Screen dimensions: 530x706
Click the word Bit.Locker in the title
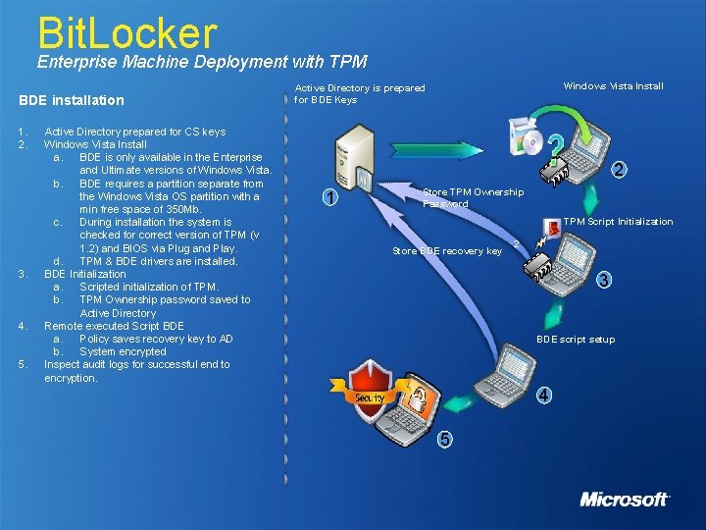[126, 31]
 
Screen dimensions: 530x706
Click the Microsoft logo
[624, 499]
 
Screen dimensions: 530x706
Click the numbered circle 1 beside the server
[330, 197]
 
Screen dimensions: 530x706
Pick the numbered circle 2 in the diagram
[619, 171]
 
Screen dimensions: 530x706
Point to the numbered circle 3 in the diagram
[604, 280]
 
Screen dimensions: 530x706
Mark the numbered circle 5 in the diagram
[445, 439]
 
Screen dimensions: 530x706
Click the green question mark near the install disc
[554, 146]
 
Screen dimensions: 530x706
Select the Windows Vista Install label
[613, 86]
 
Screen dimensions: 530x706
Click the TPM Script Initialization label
[618, 222]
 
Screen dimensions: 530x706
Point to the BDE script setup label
[576, 340]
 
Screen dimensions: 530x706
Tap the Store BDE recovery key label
[447, 251]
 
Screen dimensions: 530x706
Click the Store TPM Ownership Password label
[473, 197]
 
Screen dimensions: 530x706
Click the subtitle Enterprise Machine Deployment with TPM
[202, 62]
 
